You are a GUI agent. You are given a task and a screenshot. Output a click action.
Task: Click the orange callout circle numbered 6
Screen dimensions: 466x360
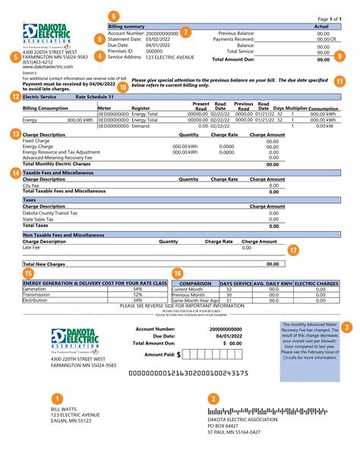pos(114,16)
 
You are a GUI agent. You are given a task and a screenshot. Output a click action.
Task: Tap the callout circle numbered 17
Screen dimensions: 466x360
pos(293,249)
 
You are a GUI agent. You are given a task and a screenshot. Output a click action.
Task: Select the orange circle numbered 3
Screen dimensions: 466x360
pos(346,327)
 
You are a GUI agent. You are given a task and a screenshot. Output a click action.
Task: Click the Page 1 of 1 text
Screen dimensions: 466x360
pos(328,18)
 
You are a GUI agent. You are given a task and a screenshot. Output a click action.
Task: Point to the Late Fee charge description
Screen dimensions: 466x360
pos(32,247)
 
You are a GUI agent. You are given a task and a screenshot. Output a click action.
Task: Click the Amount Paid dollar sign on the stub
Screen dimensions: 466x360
pos(179,354)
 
